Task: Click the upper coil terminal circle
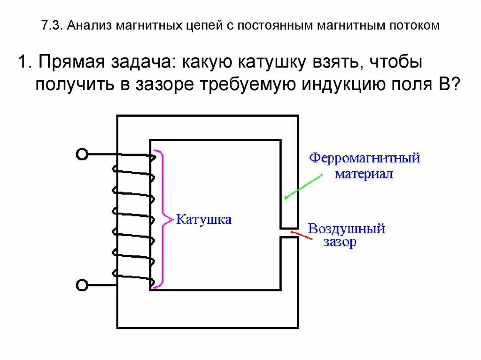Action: coord(82,154)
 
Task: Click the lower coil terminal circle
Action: coord(82,284)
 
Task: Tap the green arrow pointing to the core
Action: coord(303,187)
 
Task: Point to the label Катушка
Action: coord(203,219)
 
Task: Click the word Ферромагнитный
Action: coord(364,158)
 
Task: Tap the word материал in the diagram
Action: coord(363,174)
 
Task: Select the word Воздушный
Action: coord(346,229)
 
